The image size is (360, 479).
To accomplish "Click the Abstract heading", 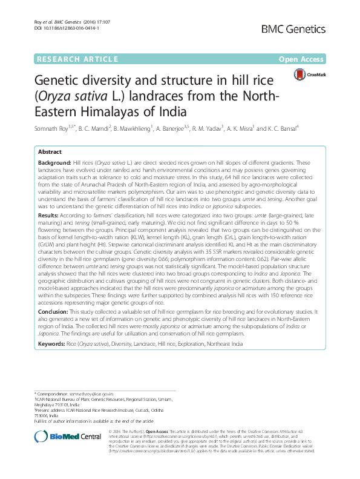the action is (50, 153).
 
